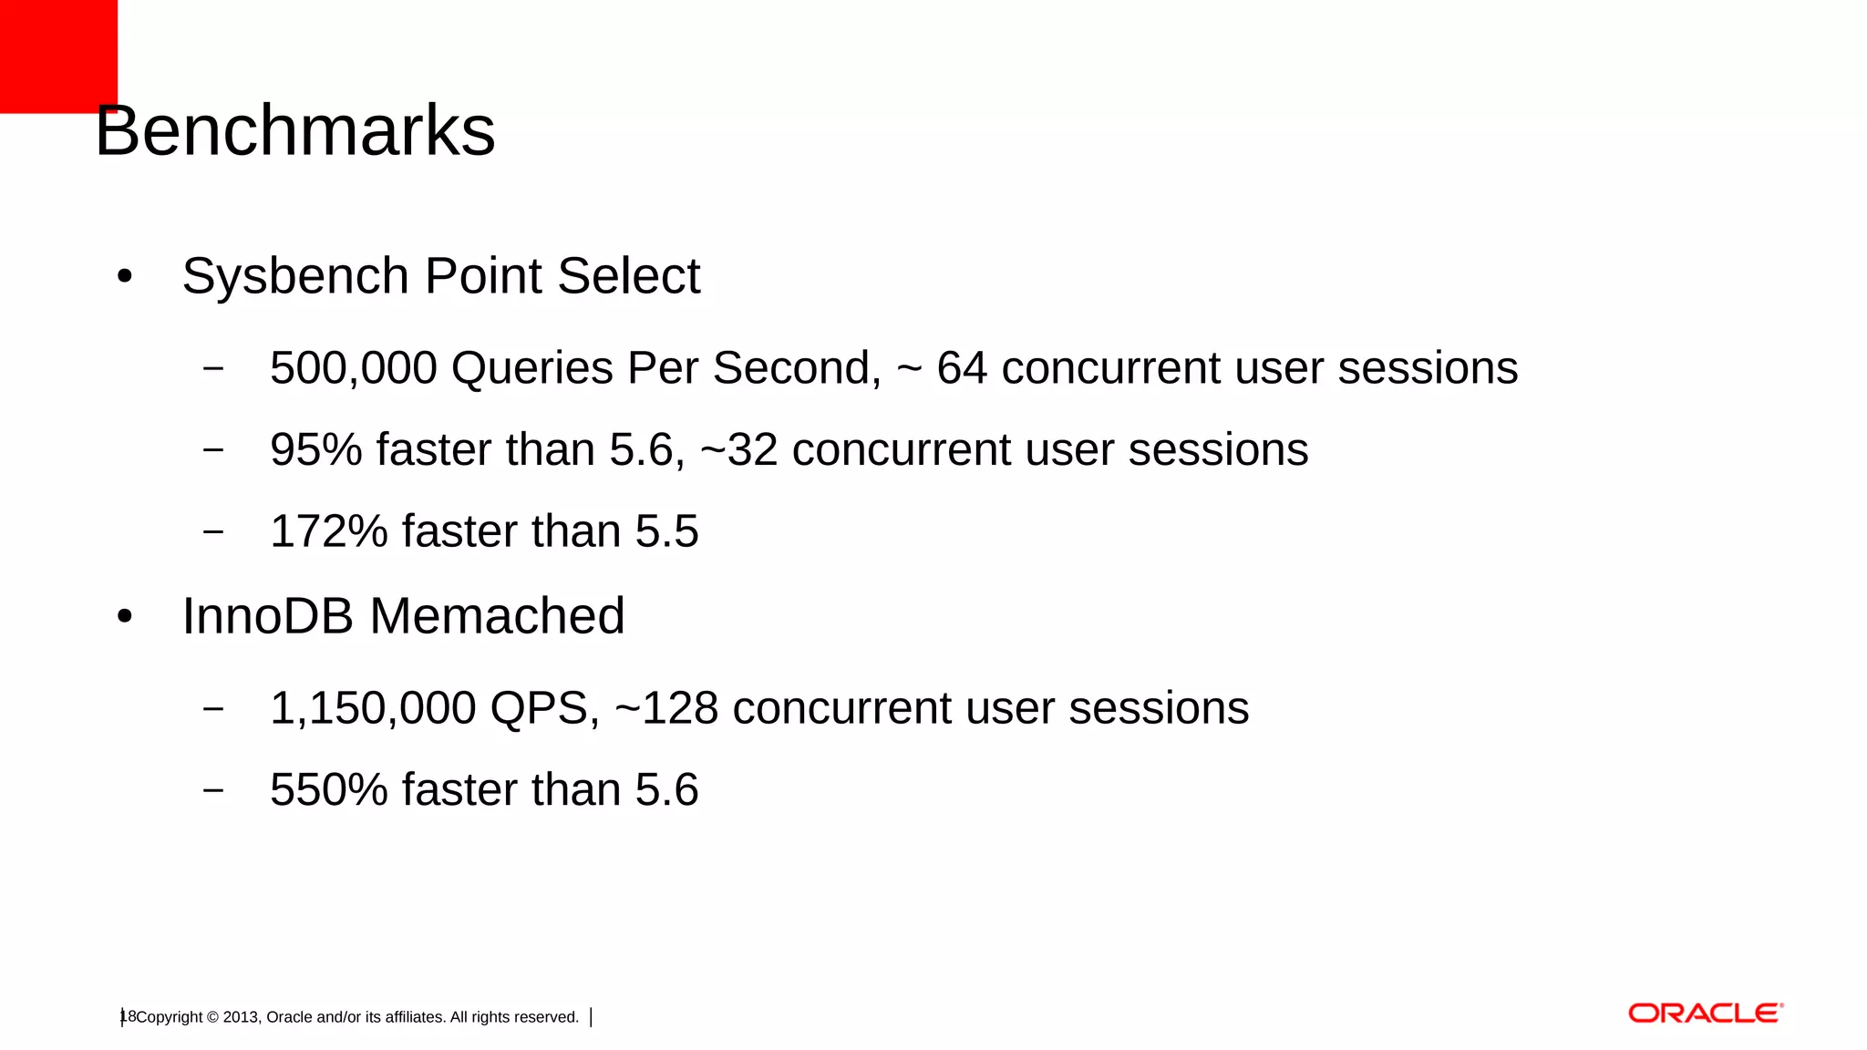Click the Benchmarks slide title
[294, 131]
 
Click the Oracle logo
[1705, 1014]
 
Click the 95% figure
[315, 450]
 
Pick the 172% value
[328, 531]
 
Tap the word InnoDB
[266, 616]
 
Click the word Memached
[497, 616]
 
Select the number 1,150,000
[373, 708]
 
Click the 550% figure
[328, 790]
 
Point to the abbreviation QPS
[544, 708]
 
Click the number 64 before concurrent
[962, 368]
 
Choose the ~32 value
[738, 450]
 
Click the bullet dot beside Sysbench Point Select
[125, 276]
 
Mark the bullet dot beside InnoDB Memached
[125, 617]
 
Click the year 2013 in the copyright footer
[241, 1017]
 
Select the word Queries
[531, 368]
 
